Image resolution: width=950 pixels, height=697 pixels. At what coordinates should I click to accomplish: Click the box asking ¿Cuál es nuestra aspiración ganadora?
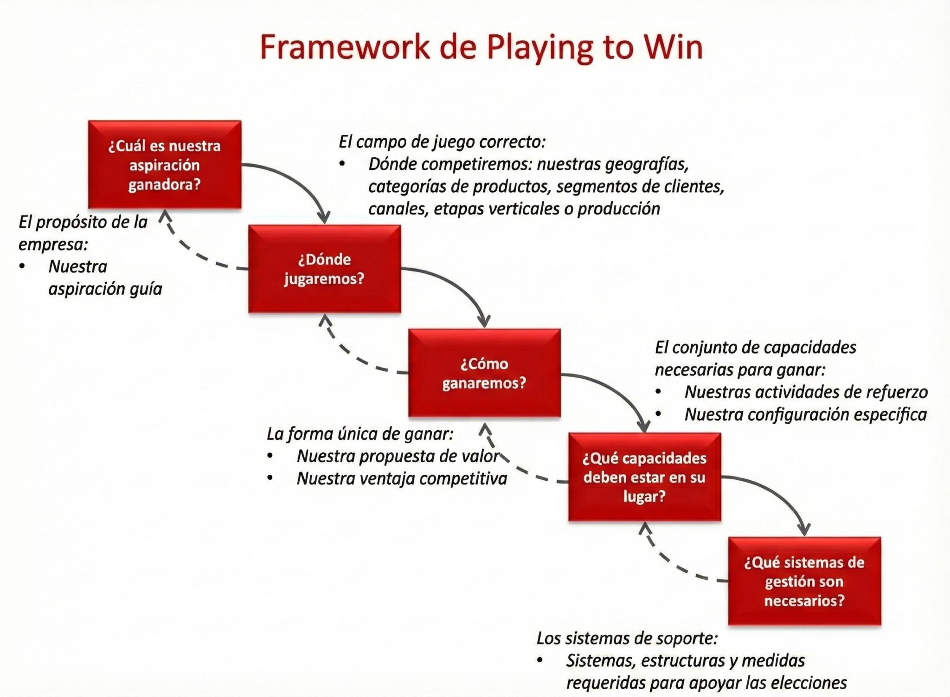[x=165, y=165]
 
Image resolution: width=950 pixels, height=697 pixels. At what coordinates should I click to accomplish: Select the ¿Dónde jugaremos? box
[x=324, y=269]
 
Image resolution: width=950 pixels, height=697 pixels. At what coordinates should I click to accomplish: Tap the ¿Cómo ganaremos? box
[x=484, y=373]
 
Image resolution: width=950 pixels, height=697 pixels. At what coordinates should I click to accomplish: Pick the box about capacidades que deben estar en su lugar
[x=644, y=477]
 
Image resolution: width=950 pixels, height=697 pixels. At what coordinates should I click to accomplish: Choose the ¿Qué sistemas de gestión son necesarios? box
[x=804, y=581]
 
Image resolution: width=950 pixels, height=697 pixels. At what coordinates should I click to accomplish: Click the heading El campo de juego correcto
[x=442, y=142]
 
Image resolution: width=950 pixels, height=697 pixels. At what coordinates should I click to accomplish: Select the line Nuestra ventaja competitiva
[x=402, y=478]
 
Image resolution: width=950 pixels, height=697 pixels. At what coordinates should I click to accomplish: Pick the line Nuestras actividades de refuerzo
[x=806, y=392]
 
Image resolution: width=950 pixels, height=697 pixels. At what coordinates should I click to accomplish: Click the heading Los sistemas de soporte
[x=627, y=638]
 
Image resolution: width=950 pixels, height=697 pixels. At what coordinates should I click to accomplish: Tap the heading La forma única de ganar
[x=360, y=434]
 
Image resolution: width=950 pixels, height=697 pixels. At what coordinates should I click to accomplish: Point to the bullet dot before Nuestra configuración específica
[x=658, y=414]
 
